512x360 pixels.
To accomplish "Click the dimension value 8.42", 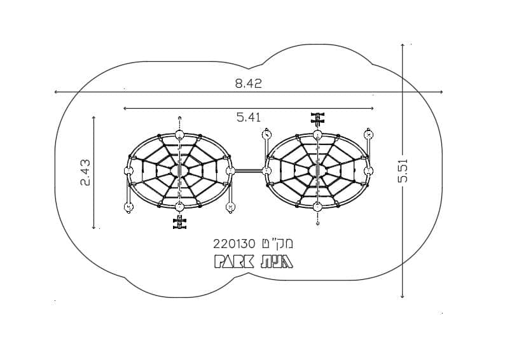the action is (248, 83).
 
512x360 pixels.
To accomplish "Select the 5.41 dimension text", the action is (249, 117).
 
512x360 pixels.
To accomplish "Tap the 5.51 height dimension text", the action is (403, 170).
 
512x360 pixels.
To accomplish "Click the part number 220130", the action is (234, 244).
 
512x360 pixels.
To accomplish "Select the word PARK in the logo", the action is (234, 261).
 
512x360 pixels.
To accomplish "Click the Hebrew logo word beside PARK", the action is (276, 261).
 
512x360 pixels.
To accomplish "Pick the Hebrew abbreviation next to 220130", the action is (277, 244).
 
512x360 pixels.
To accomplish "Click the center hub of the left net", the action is (179, 170).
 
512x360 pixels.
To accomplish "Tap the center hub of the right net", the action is (317, 170).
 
